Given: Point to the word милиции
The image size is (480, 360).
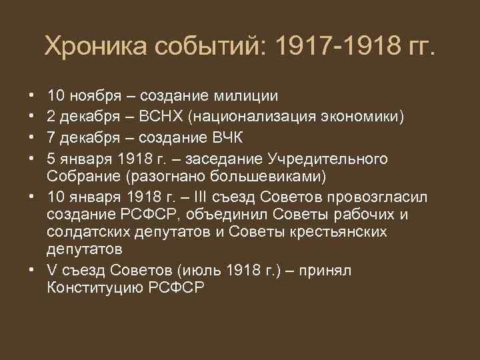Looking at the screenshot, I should coord(245,96).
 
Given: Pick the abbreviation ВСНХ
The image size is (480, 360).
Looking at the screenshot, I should coord(161,119).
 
